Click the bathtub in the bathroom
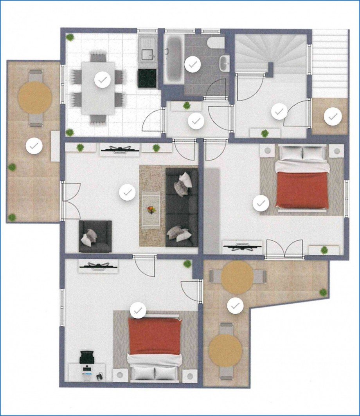click(173, 58)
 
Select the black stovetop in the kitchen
click(147, 78)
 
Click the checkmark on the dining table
click(103, 80)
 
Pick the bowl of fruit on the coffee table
click(151, 210)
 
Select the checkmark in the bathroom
click(193, 64)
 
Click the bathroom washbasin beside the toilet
click(224, 63)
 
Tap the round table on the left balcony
click(35, 98)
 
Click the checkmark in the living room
click(127, 193)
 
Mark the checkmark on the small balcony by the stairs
click(333, 117)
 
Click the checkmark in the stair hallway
click(279, 112)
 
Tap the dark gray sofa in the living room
click(182, 207)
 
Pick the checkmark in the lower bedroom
click(138, 310)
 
